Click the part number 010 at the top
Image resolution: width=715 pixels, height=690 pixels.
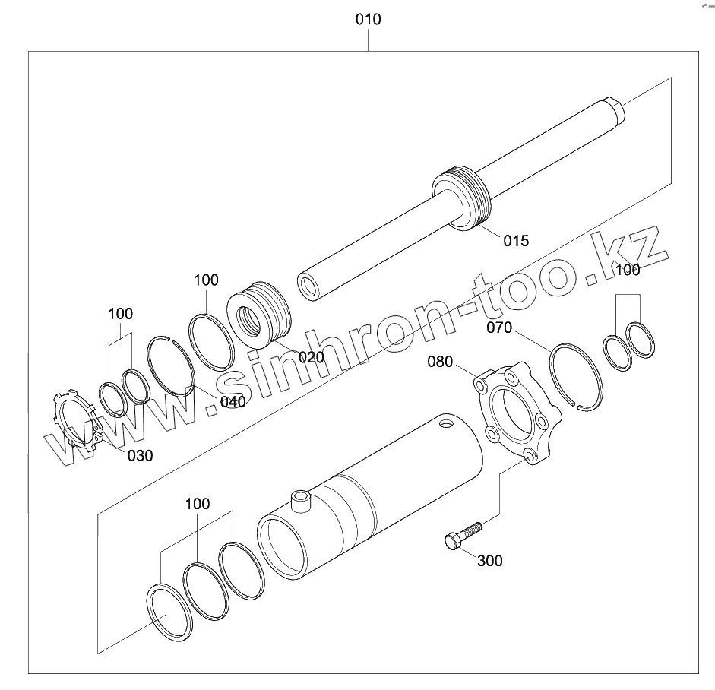tap(369, 19)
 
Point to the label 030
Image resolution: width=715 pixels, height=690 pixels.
tap(139, 455)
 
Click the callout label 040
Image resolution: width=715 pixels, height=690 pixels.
tap(233, 402)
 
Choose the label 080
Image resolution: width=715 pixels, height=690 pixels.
tap(440, 361)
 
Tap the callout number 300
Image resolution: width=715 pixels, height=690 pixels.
tap(489, 561)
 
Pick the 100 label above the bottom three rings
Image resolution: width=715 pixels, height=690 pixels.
tap(198, 504)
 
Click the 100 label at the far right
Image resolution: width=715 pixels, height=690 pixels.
tap(628, 270)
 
